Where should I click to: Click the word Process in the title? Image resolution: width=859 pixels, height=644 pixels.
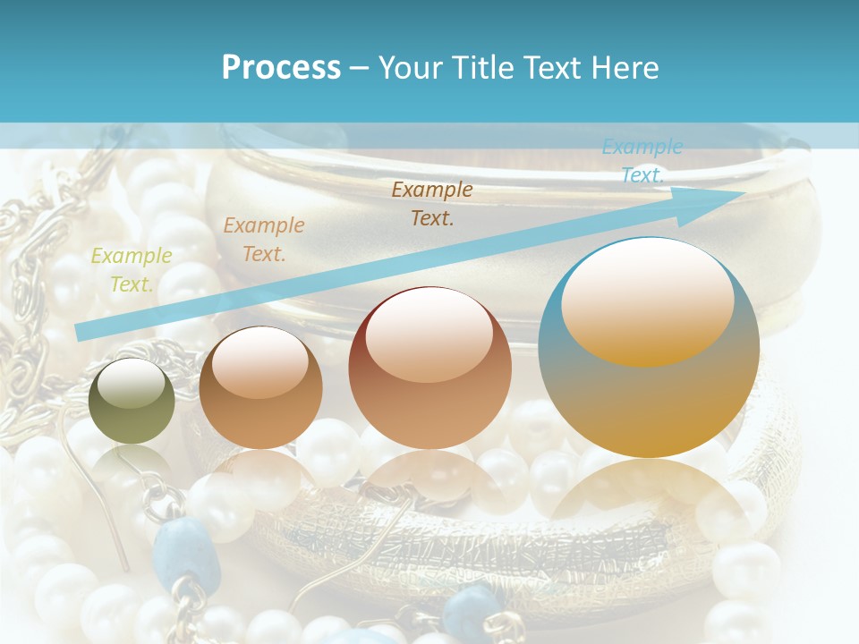pos(281,67)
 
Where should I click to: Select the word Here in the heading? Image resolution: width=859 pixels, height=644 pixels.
pos(625,67)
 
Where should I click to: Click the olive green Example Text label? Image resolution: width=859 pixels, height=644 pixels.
pos(132,269)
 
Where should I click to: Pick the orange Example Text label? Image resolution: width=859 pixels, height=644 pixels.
pos(264,239)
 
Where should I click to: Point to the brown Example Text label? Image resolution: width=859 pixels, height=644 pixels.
pos(432,203)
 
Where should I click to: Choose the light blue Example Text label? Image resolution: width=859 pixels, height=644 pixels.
pos(642,161)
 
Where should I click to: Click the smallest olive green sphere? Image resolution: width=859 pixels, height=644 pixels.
pos(132,402)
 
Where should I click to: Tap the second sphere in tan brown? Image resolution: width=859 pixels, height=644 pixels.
pos(260,387)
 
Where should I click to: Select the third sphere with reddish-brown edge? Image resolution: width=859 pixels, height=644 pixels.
pos(430,368)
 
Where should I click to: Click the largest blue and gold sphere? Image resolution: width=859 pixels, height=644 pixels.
pos(650,348)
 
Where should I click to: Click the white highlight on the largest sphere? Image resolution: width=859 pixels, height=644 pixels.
pos(647,302)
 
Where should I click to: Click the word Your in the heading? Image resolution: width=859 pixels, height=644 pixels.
pos(409,67)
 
